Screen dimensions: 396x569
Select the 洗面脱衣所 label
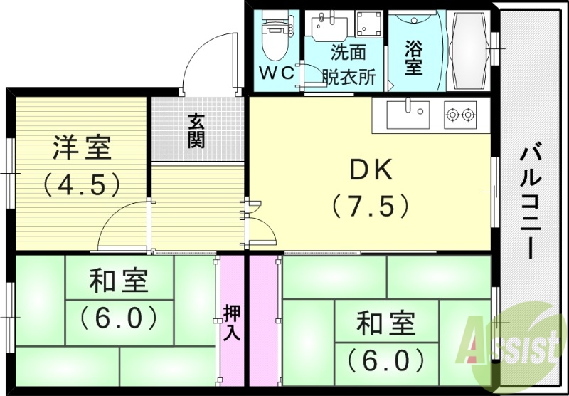pyautogui.click(x=348, y=64)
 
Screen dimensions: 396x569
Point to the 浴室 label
pyautogui.click(x=413, y=58)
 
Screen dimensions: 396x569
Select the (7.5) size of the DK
pyautogui.click(x=371, y=206)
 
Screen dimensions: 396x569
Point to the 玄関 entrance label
pyautogui.click(x=196, y=130)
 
